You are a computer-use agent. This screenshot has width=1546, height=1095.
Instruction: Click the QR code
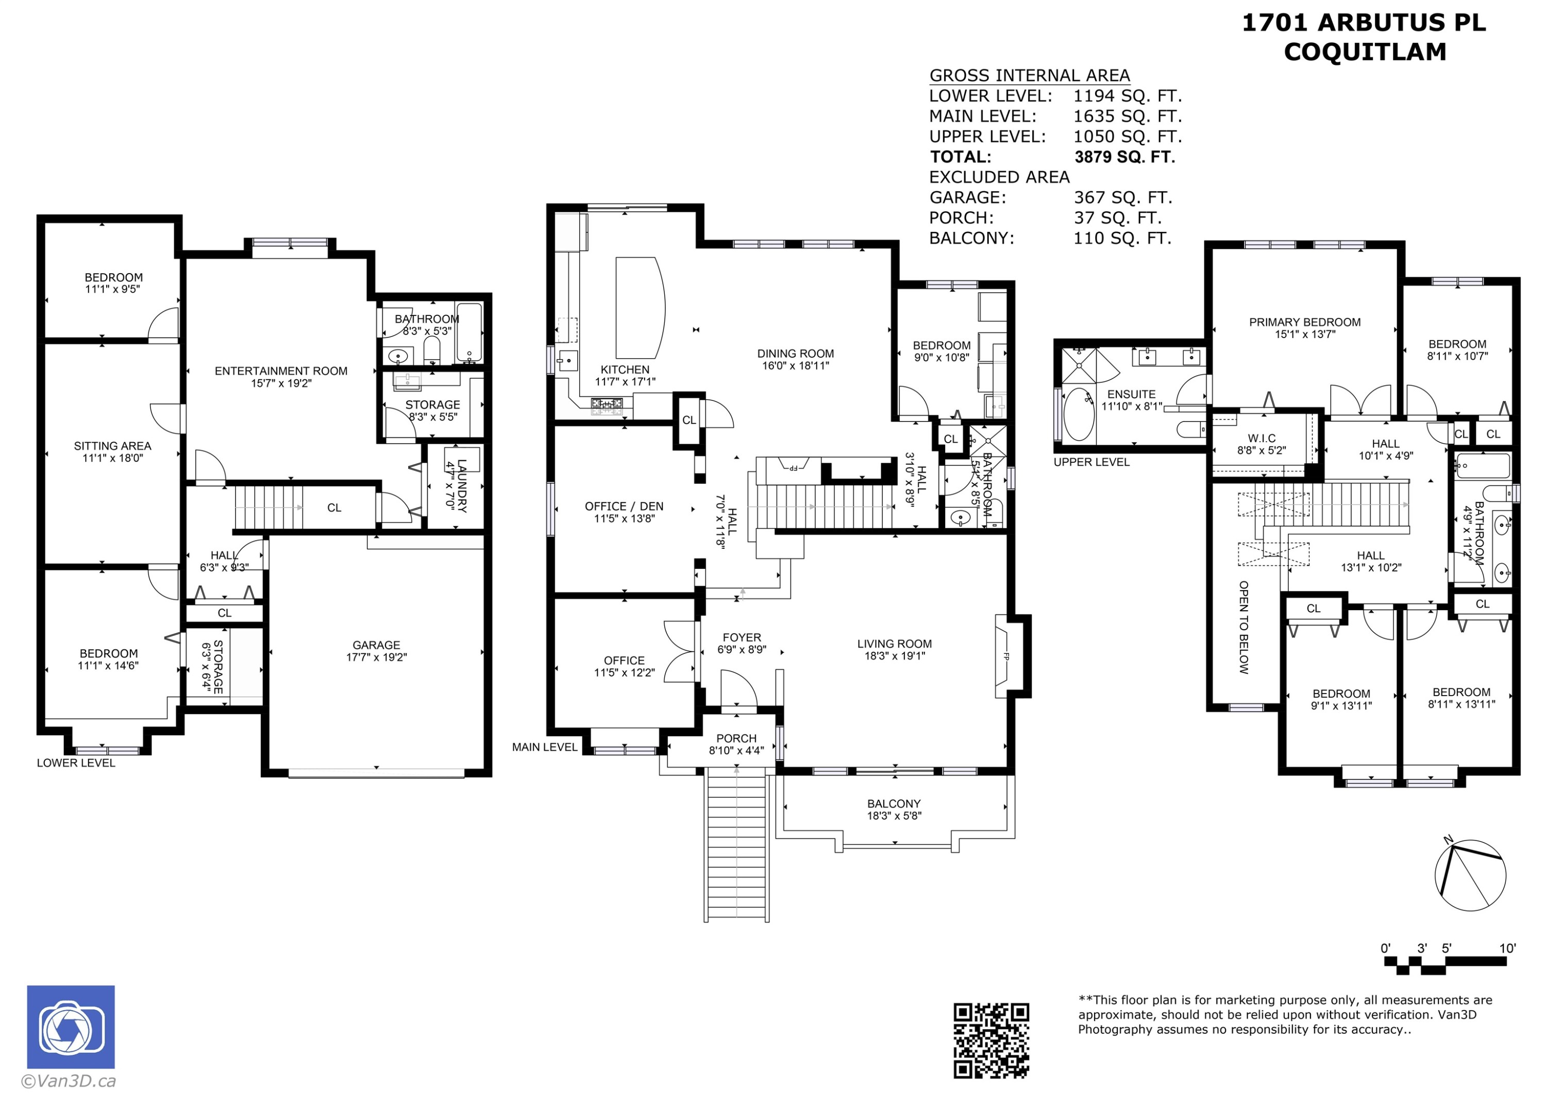tap(990, 1040)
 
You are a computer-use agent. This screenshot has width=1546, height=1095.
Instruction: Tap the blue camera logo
tap(71, 1027)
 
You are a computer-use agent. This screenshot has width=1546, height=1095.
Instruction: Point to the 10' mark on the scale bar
tap(1507, 948)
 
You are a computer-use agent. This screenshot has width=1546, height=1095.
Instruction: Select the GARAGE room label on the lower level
tap(376, 645)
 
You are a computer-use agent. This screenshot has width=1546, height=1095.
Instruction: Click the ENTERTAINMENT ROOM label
tap(281, 371)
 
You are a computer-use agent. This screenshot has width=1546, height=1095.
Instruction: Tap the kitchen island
tap(641, 308)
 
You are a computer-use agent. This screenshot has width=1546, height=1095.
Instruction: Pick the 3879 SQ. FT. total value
tap(1124, 157)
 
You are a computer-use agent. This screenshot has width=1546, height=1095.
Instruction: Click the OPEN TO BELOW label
tap(1244, 627)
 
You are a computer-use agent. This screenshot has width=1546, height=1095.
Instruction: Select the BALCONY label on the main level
tap(894, 804)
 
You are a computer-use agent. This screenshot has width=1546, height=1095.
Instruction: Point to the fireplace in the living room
tap(1004, 656)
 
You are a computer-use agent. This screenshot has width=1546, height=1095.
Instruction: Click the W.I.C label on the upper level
tap(1262, 439)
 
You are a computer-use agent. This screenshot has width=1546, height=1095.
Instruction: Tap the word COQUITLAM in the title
tap(1365, 52)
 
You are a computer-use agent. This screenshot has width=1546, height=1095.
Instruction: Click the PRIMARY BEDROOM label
tap(1305, 322)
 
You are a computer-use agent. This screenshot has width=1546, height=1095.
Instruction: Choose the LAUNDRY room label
tap(462, 486)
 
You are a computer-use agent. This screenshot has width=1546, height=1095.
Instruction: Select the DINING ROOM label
tap(796, 353)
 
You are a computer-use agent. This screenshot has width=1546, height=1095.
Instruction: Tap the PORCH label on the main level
tap(736, 738)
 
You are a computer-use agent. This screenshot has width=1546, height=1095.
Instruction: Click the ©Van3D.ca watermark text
tap(69, 1082)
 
